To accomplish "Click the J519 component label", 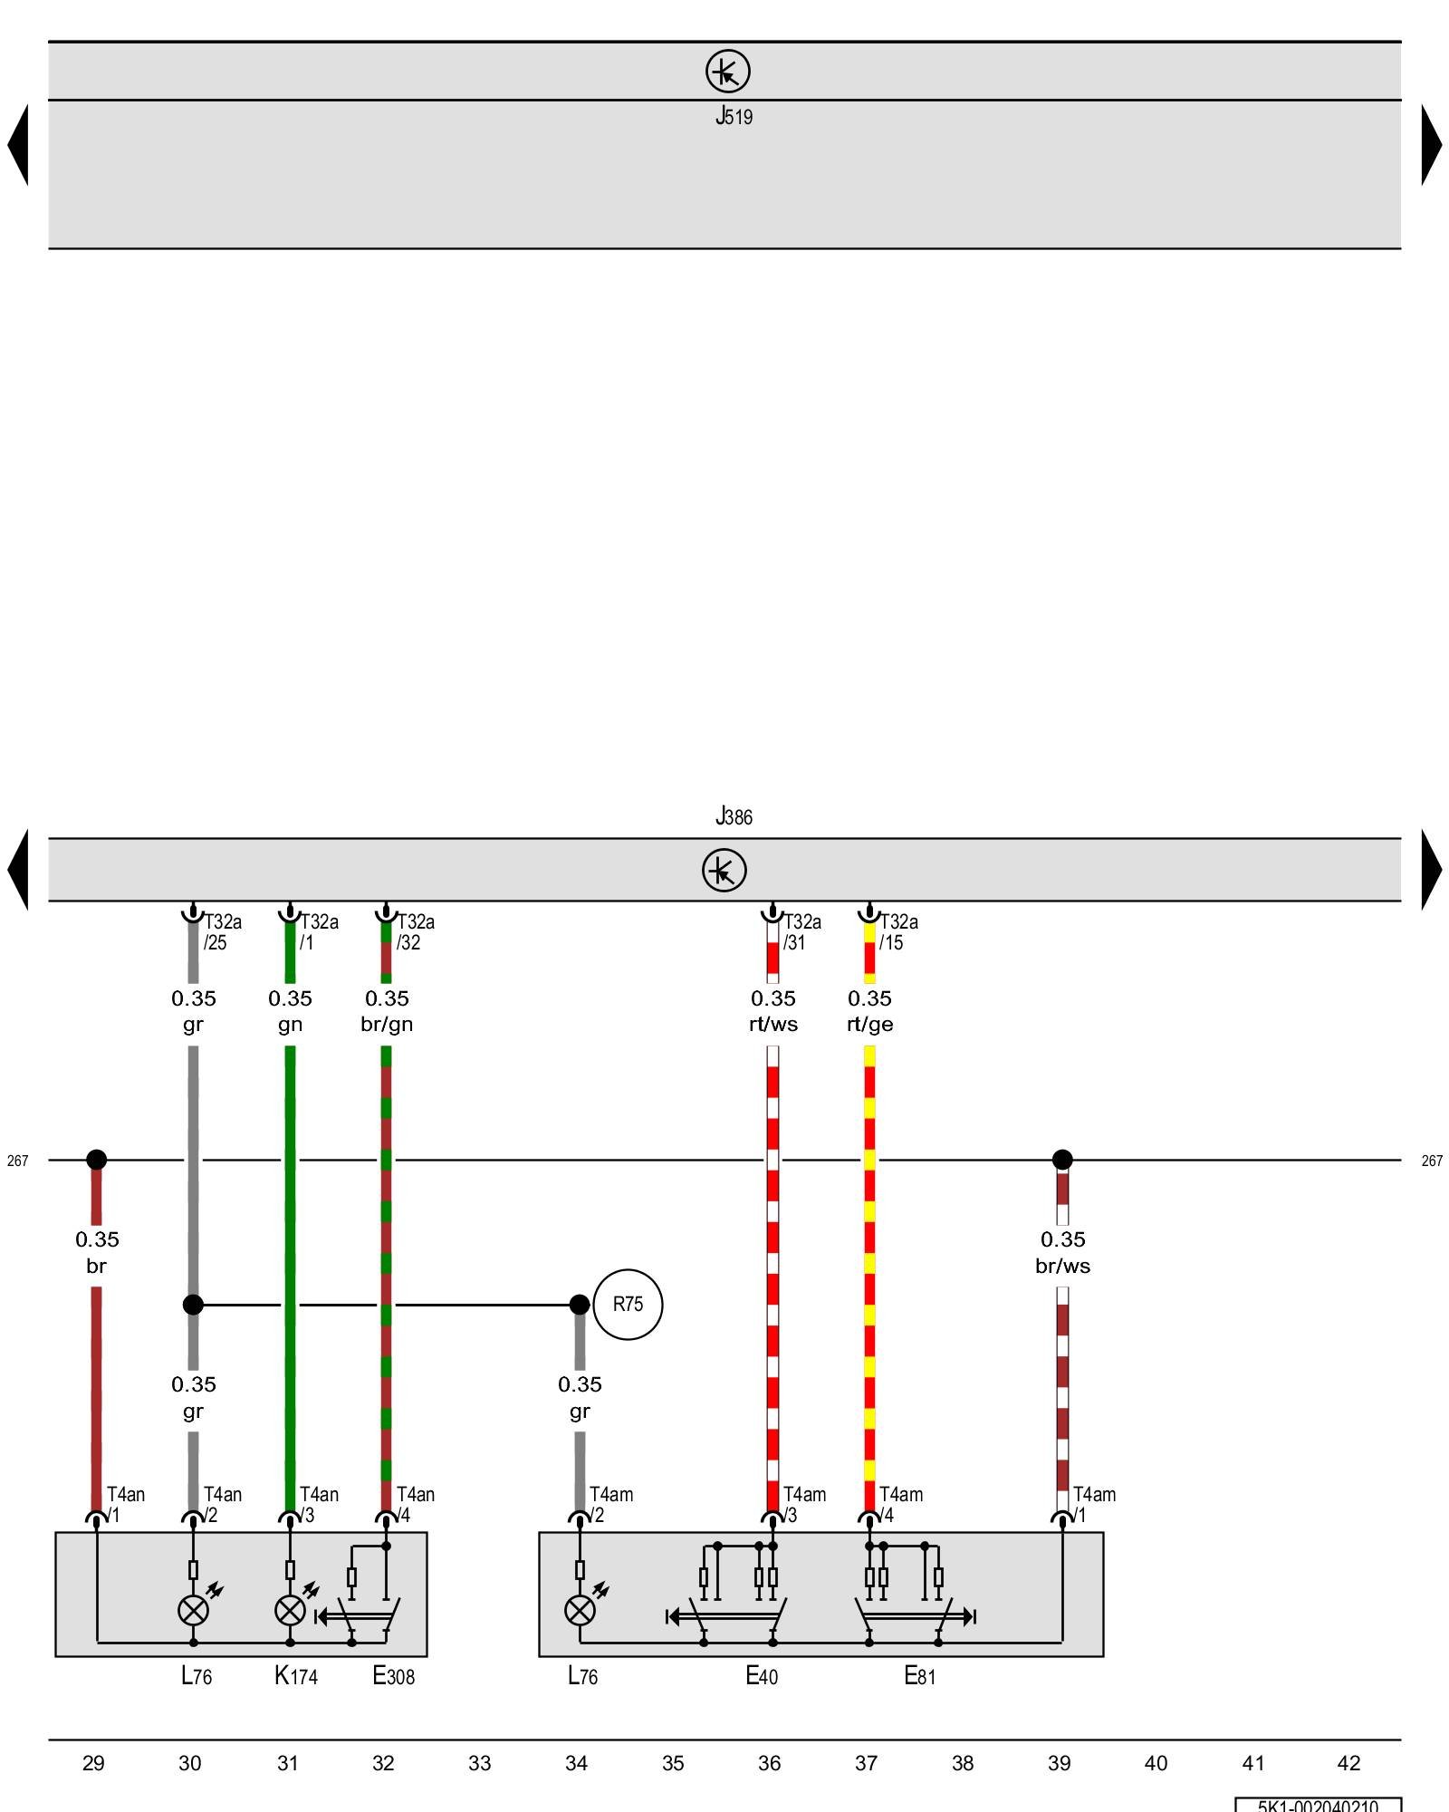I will point(734,116).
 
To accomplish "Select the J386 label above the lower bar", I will point(734,816).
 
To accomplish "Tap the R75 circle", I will point(628,1305).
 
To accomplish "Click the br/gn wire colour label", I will point(387,1024).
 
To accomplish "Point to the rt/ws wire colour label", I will point(772,1024).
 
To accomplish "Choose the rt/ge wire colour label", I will point(869,1024).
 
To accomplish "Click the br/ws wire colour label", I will point(1062,1266).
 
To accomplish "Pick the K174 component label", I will point(296,1676).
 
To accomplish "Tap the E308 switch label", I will point(393,1676).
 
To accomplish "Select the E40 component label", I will point(762,1676).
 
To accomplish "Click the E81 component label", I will point(919,1676).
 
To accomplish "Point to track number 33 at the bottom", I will point(480,1763).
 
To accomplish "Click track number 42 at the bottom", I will point(1348,1763).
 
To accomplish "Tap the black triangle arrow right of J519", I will point(1431,145).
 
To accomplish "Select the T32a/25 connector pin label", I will point(223,931).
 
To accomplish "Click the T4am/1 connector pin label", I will point(1094,1504).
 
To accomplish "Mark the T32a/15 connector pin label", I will point(898,931).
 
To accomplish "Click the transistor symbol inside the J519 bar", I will point(728,71).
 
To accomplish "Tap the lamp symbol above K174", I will point(290,1610).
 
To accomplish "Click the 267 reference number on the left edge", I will point(18,1161).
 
